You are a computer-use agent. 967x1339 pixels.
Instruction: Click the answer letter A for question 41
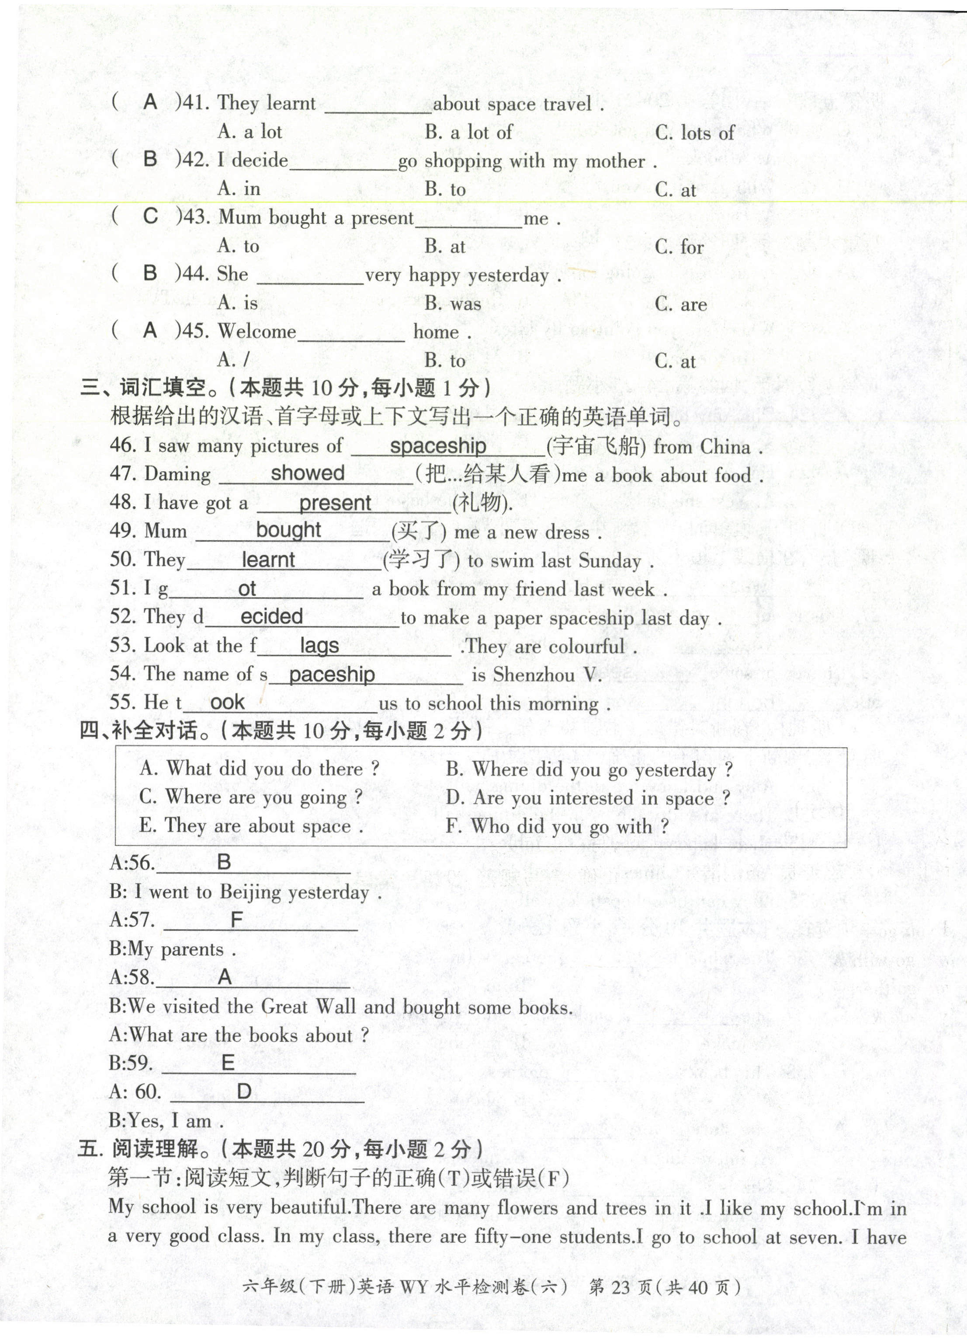click(x=150, y=102)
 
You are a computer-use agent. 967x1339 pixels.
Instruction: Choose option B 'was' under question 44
click(x=453, y=303)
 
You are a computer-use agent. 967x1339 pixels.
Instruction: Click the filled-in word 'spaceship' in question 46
click(x=438, y=446)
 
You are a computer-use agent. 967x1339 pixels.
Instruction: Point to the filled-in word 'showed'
click(x=307, y=473)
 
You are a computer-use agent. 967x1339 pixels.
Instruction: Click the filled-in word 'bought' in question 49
click(x=288, y=530)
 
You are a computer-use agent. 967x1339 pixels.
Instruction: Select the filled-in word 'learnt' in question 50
click(x=268, y=559)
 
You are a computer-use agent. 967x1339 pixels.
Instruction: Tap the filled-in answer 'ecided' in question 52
click(x=271, y=616)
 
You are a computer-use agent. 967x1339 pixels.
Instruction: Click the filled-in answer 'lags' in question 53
click(x=319, y=645)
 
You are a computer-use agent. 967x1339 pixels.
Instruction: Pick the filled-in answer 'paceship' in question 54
click(x=332, y=674)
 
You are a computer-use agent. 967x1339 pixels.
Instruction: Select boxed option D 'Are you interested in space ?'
click(x=588, y=798)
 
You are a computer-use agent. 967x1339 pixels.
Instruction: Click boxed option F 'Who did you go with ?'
click(x=557, y=827)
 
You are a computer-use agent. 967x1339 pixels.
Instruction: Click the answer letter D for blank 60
click(x=244, y=1092)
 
